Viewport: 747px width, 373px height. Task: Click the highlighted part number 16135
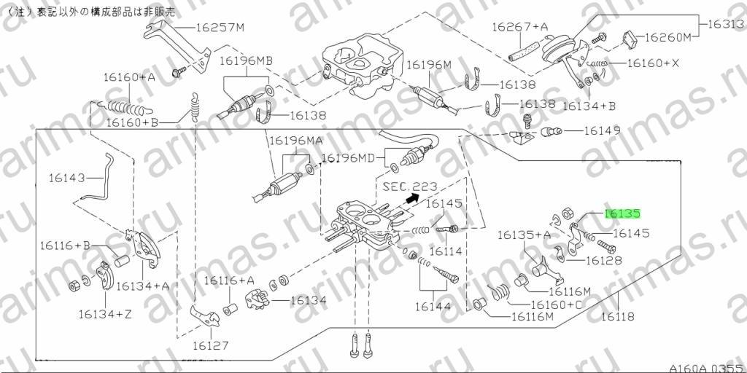click(622, 214)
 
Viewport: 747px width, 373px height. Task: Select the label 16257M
click(220, 27)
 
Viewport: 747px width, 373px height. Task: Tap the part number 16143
click(66, 178)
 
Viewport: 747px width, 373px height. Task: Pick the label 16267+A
click(519, 27)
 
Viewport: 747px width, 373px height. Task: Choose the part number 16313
click(727, 24)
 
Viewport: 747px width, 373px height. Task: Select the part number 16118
click(617, 316)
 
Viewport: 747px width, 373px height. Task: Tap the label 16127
click(211, 345)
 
